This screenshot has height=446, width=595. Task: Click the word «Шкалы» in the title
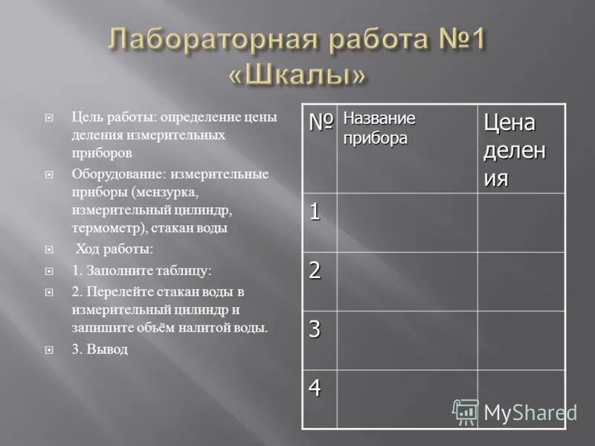(297, 74)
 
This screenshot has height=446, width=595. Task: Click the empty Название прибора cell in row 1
(407, 222)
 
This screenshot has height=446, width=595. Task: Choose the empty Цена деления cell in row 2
(521, 281)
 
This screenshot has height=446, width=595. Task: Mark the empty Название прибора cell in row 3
(407, 340)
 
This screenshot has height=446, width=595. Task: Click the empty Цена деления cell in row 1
(521, 222)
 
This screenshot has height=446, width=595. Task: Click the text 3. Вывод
(100, 348)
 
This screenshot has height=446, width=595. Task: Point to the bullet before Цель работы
(49, 117)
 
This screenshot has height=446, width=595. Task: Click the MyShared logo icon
(466, 411)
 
